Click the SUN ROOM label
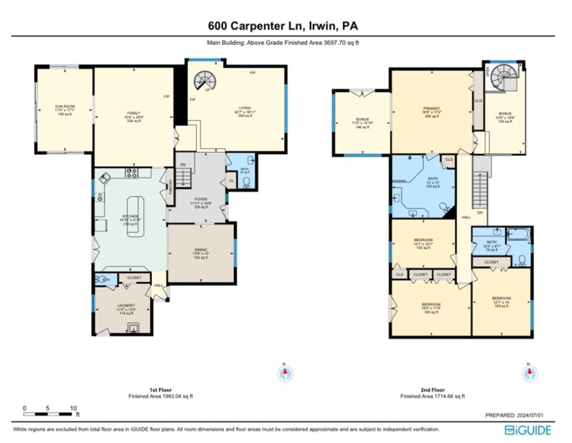65,106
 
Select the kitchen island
136,216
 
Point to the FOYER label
201,199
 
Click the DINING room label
200,250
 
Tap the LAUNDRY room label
126,305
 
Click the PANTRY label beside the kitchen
171,186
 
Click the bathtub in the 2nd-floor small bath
519,234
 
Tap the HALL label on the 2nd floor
464,217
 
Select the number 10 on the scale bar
73,408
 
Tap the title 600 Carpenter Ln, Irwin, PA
286,25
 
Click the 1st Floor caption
160,390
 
